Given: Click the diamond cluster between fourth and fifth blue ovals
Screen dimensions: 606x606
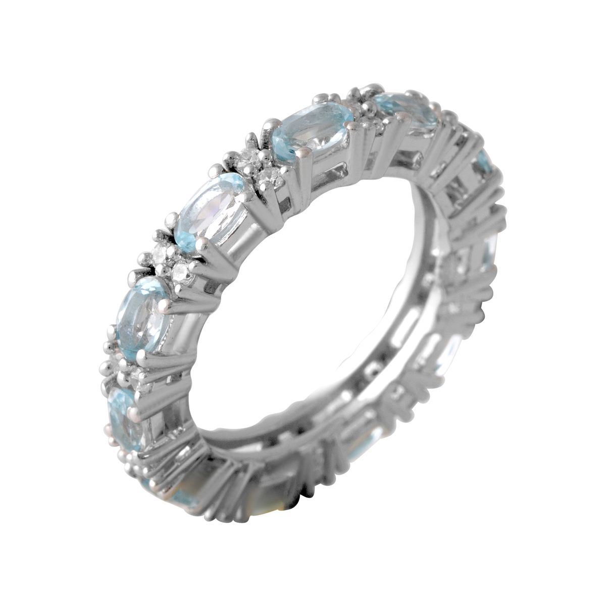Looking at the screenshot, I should [x=121, y=368].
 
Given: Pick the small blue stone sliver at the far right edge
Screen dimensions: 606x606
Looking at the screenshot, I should [x=484, y=161].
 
